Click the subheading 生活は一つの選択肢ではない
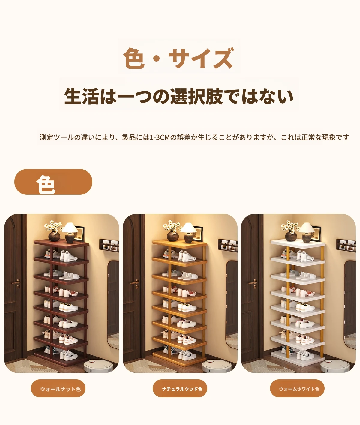click(x=179, y=96)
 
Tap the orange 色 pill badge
click(x=53, y=182)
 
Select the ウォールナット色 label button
click(x=58, y=389)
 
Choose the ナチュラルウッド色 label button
click(x=180, y=389)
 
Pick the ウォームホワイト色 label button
click(x=297, y=389)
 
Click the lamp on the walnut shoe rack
click(x=70, y=233)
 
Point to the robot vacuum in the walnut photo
click(x=98, y=366)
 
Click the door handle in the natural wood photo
click(x=135, y=282)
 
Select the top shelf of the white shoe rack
click(x=298, y=243)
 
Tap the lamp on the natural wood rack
click(x=189, y=233)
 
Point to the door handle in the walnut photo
click(x=16, y=282)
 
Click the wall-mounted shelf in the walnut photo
click(x=109, y=246)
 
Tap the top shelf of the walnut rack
click(x=61, y=243)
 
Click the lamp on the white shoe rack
click(x=307, y=233)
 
